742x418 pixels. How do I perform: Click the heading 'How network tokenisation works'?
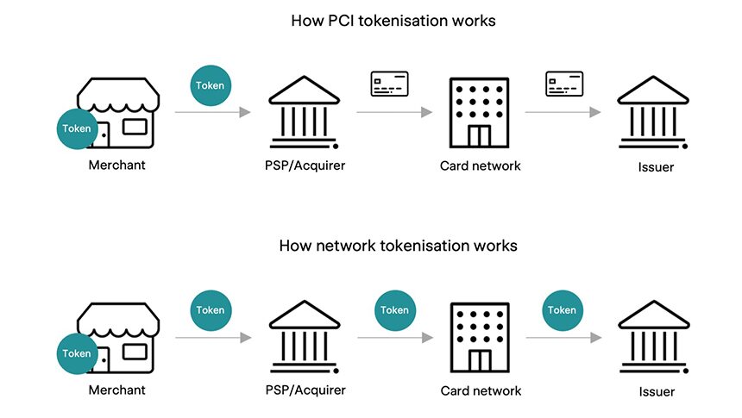(x=398, y=246)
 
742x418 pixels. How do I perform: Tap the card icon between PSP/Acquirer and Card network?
(x=389, y=84)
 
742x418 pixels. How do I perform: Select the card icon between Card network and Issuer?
(x=564, y=84)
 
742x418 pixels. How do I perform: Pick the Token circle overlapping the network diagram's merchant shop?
(x=76, y=353)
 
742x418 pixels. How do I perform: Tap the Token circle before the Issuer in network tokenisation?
(x=562, y=310)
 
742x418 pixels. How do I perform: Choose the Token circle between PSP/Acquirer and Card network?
(x=394, y=310)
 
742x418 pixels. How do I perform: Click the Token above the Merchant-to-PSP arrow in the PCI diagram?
(x=210, y=86)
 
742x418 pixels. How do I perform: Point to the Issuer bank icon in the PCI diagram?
(x=651, y=113)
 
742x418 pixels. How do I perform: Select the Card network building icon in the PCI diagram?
(x=477, y=113)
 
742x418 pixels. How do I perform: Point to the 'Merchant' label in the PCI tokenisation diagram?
(x=116, y=165)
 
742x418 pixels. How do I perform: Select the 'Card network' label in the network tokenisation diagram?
(x=481, y=390)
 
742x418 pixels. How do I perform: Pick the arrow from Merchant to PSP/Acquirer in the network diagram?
(x=212, y=337)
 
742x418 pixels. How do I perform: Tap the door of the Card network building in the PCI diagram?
(x=477, y=135)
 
